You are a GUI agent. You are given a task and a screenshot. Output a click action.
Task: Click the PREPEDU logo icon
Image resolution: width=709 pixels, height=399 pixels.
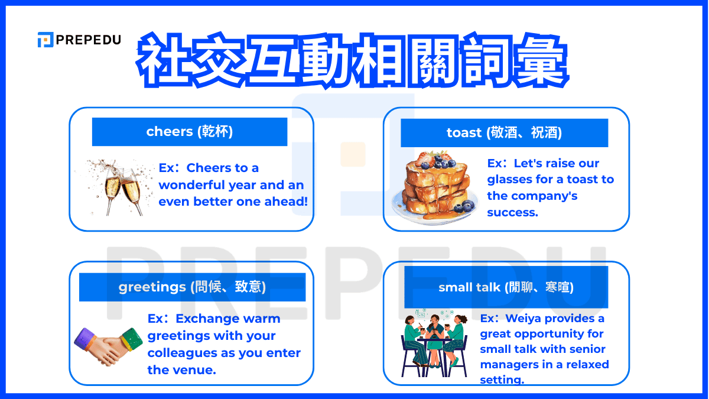point(45,40)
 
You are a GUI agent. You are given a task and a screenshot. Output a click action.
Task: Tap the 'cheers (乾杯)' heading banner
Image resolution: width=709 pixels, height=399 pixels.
point(189,131)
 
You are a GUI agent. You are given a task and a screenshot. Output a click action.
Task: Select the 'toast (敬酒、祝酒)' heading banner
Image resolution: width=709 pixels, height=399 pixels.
point(504,133)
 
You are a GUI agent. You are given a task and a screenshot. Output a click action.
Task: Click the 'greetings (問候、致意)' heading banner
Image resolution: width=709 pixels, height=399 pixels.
point(192,287)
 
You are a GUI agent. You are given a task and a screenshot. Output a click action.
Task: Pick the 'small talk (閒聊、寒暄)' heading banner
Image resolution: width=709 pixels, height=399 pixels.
point(506,287)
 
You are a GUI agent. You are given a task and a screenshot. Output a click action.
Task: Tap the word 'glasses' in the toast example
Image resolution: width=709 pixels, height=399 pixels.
point(508,180)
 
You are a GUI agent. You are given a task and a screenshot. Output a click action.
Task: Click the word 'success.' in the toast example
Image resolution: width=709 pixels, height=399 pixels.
point(512,212)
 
